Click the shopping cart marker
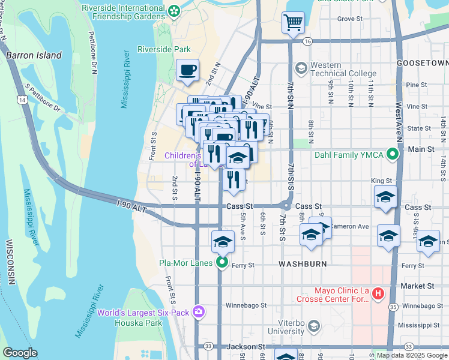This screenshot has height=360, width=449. (293, 23)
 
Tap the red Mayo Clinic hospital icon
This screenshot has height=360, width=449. (378, 294)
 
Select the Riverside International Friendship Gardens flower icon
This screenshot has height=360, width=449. (174, 10)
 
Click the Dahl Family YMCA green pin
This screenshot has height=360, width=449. (393, 155)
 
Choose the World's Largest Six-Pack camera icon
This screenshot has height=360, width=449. (199, 312)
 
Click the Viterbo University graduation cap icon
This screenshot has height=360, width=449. (313, 326)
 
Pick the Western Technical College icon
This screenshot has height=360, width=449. (301, 68)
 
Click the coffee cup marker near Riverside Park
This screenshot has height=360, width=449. (187, 70)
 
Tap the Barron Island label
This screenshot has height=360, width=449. (34, 55)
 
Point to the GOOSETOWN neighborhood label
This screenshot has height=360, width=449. (423, 63)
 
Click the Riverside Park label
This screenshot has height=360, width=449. (164, 49)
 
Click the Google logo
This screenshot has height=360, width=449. (20, 353)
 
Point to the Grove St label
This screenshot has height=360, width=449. (348, 19)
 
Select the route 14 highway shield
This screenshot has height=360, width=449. (22, 101)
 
